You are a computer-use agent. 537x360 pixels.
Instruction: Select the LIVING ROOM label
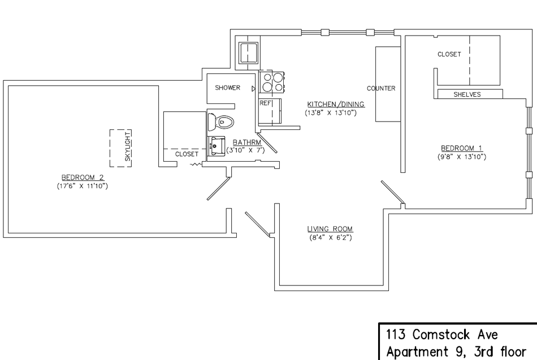[330, 229]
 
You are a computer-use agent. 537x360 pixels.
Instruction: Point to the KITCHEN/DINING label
[335, 105]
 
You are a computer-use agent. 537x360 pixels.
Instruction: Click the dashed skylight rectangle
[120, 148]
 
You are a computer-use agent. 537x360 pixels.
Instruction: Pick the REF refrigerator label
[265, 104]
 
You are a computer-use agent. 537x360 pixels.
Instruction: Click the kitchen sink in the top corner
[248, 54]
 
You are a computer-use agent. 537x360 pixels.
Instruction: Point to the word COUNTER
[380, 89]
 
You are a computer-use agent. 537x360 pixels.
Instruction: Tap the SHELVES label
[467, 94]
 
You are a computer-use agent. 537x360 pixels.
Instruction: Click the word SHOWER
[228, 88]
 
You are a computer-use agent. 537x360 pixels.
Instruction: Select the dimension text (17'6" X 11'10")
[82, 185]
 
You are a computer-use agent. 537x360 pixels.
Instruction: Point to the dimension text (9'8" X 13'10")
[462, 156]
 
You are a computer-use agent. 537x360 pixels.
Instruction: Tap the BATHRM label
[246, 142]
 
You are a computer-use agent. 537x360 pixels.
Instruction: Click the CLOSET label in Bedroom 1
[449, 54]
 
